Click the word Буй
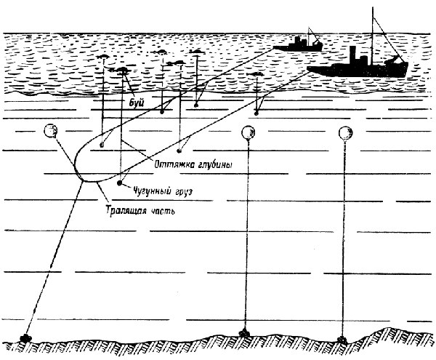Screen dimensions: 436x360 tap(137, 103)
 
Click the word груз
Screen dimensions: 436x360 tap(184, 192)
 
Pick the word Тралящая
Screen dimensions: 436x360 tap(126, 210)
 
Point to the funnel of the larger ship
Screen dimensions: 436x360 tap(353, 55)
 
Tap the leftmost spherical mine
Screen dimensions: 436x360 tap(51, 131)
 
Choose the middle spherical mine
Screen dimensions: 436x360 tap(249, 132)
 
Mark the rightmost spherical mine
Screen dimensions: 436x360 tap(346, 133)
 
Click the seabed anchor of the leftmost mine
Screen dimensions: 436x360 tap(25, 338)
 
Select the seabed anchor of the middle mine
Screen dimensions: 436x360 tap(245, 332)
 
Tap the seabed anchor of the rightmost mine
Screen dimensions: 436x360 tap(342, 339)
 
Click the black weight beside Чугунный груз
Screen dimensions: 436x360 tap(120, 183)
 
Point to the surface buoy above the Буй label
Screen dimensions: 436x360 tap(121, 70)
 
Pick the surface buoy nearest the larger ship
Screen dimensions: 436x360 tap(256, 74)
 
